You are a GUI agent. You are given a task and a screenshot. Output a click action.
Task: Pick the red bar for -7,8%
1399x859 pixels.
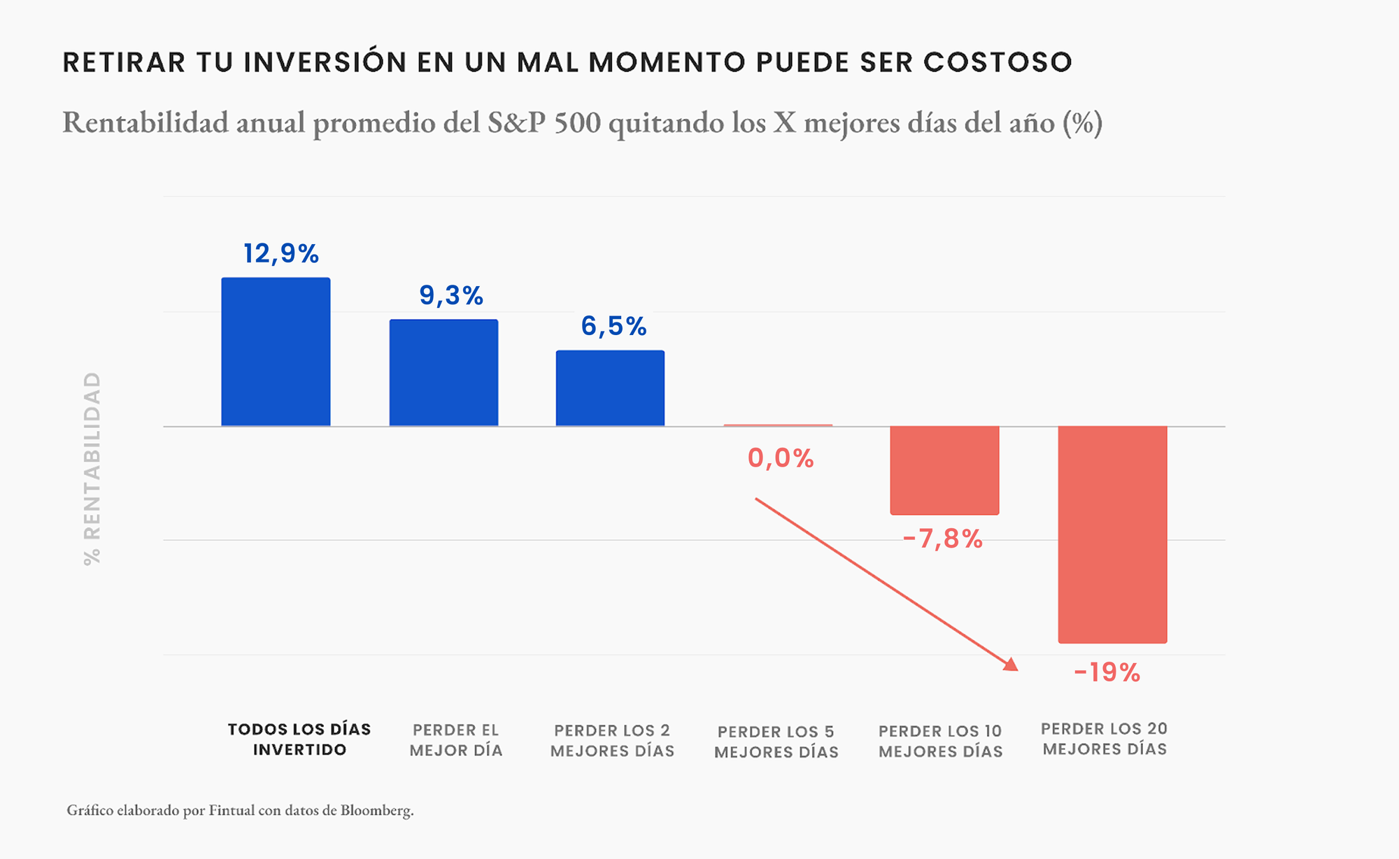(944, 470)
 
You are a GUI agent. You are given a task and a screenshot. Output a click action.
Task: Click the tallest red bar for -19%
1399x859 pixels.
(1112, 534)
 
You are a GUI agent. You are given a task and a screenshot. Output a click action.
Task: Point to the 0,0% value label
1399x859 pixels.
(781, 458)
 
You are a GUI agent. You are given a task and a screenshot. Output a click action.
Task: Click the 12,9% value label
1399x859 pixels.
(280, 253)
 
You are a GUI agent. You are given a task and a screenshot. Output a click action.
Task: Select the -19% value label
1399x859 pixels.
(1107, 672)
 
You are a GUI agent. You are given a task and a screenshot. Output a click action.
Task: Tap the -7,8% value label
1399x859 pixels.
(942, 539)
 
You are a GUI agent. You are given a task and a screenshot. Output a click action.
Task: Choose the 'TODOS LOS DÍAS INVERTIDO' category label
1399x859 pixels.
(299, 739)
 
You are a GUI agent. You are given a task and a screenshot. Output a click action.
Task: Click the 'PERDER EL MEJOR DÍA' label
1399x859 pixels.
(456, 740)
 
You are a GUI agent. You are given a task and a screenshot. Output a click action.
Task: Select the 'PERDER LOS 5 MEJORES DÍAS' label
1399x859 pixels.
(776, 741)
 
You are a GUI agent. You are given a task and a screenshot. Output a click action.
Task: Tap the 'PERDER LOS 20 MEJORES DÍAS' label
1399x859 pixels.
(1105, 739)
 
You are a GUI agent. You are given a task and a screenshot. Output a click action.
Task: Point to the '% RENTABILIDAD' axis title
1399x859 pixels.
(92, 468)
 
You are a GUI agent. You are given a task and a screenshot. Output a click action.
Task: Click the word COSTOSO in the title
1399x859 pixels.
(997, 62)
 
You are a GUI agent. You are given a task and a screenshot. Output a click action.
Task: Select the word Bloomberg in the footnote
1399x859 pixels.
(376, 810)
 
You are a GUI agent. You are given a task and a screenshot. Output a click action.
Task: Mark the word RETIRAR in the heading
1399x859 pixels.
(124, 62)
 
